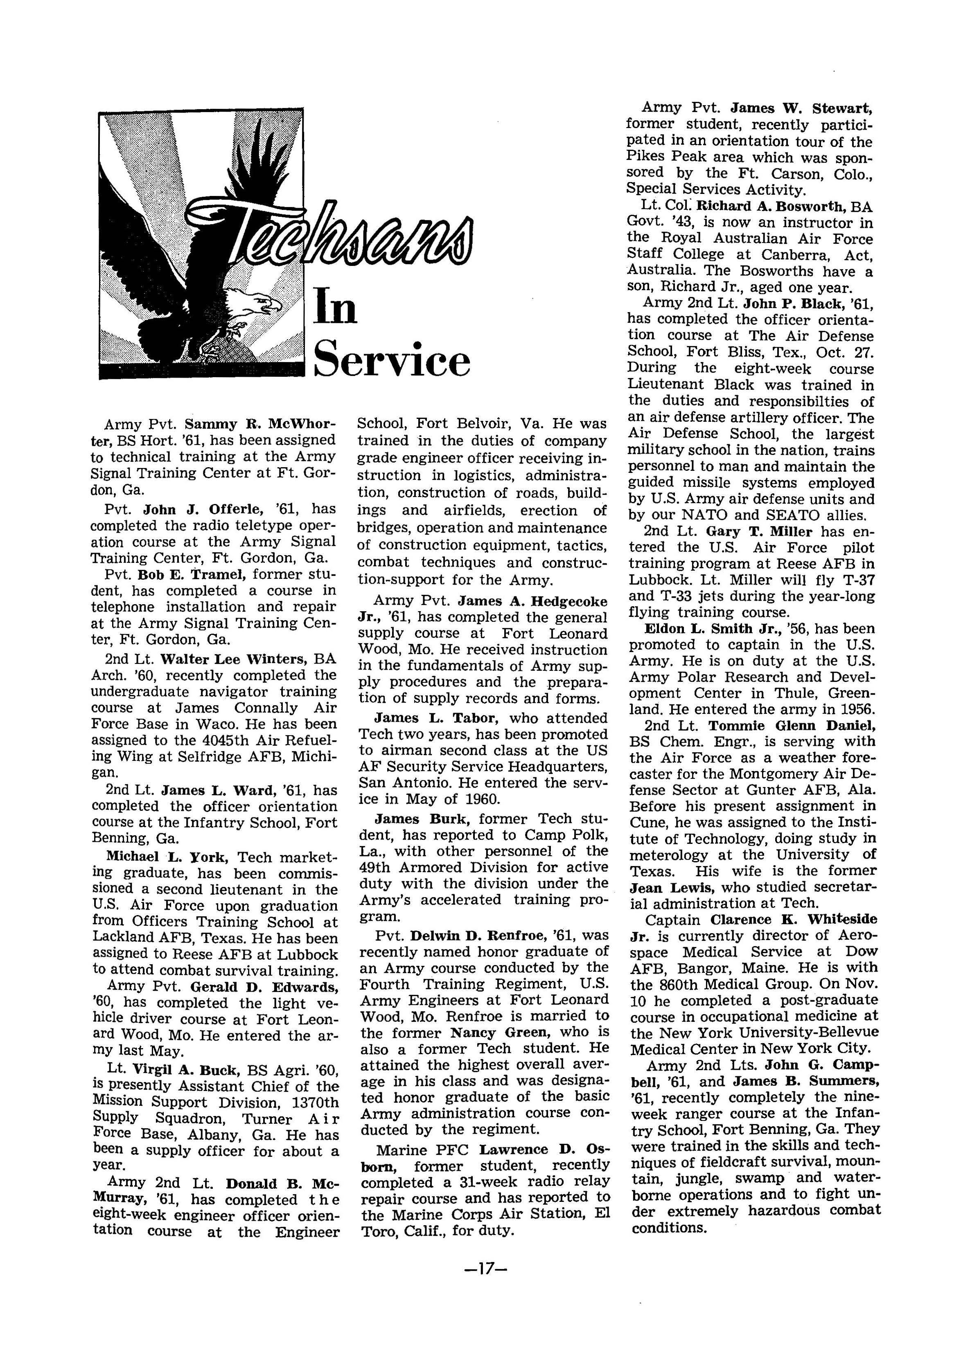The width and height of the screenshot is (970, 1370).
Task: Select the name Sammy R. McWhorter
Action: (x=260, y=425)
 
